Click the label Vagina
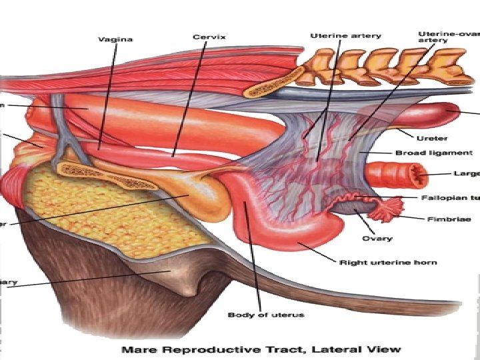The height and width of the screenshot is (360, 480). (116, 39)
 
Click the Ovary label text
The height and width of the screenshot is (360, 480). (377, 238)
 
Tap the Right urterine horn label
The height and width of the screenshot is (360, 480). (388, 263)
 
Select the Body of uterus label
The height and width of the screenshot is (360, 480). (257, 314)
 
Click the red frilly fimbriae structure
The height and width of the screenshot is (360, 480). (387, 212)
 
